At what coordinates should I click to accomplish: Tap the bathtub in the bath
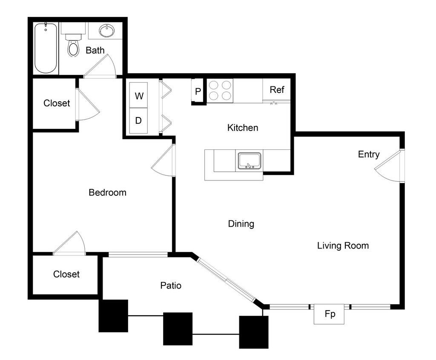point(46,48)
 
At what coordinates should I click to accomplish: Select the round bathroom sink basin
point(107,31)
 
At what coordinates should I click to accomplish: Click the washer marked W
point(138,95)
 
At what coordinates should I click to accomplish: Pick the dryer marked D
point(138,121)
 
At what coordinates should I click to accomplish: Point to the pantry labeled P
point(198,91)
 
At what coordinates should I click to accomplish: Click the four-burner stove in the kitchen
point(220,90)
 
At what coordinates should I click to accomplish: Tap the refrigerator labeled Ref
point(277,89)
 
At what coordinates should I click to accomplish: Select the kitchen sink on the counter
point(250,161)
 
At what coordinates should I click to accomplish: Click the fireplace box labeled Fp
point(329,314)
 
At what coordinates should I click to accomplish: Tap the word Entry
point(369,154)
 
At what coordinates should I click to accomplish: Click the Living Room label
point(343,246)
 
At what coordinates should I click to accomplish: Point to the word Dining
point(241,224)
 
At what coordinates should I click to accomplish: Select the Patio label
point(171,286)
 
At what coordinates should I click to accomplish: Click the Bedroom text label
point(108,192)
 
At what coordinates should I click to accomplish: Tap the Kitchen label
point(243,128)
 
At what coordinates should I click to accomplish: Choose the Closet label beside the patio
point(66,274)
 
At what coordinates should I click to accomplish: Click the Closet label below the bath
point(57,103)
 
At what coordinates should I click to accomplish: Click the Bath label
point(95,50)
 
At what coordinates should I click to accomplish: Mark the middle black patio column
point(178,329)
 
